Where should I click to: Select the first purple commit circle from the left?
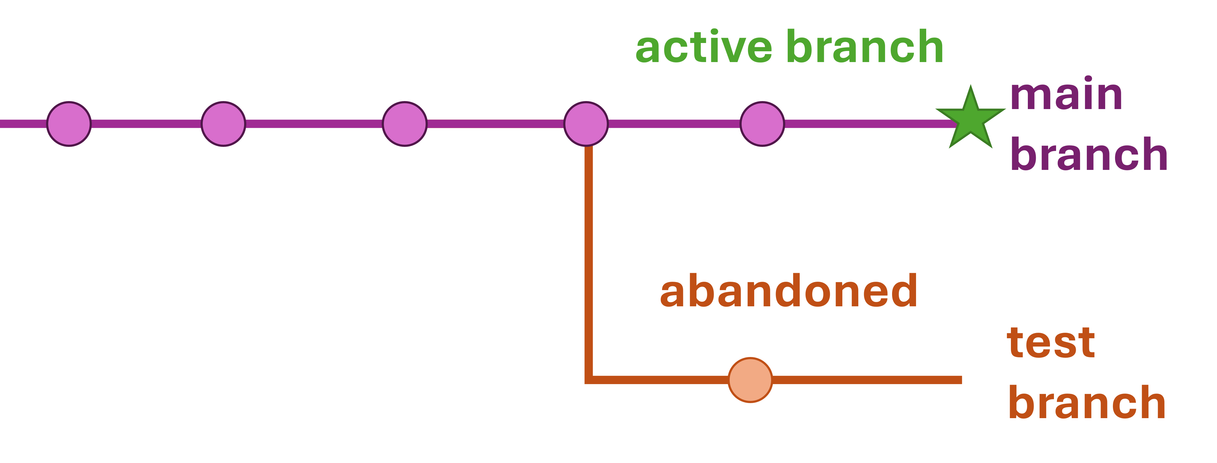[x=69, y=124]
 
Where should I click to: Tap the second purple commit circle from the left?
[x=224, y=124]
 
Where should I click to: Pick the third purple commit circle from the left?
[x=405, y=124]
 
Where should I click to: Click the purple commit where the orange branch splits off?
[x=586, y=124]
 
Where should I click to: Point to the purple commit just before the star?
[x=762, y=124]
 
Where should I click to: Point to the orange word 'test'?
[x=1051, y=343]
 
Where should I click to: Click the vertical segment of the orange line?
[x=589, y=260]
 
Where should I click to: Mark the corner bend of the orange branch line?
[x=589, y=379]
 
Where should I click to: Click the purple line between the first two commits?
[x=146, y=124]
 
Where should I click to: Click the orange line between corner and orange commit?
[x=661, y=380]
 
